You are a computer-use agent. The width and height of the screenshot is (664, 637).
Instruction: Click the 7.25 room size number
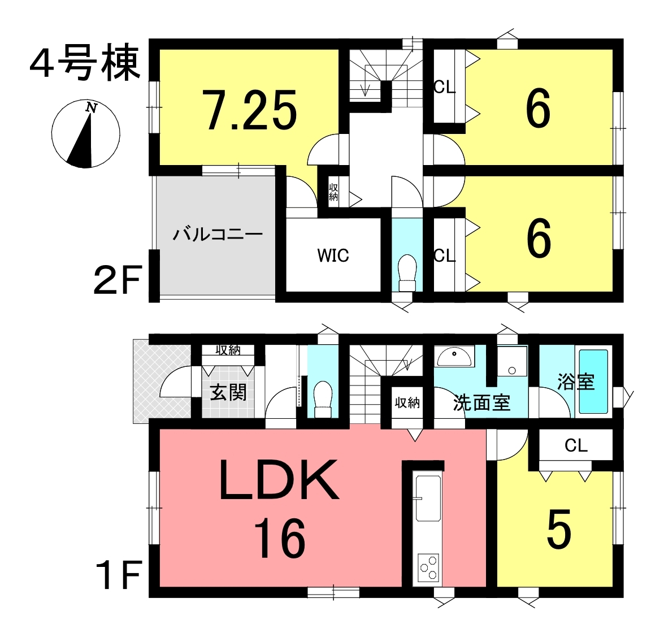pyautogui.click(x=251, y=110)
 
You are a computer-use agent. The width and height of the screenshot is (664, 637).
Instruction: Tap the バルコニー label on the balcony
pyautogui.click(x=218, y=234)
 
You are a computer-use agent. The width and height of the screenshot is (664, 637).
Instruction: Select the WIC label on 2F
pyautogui.click(x=333, y=255)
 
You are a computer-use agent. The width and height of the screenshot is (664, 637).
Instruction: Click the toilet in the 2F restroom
pyautogui.click(x=407, y=273)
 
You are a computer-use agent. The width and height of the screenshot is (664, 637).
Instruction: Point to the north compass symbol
pyautogui.click(x=85, y=134)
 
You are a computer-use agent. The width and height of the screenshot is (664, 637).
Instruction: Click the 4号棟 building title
pyautogui.click(x=85, y=63)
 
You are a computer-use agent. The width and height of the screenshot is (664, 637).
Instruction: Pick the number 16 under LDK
pyautogui.click(x=280, y=538)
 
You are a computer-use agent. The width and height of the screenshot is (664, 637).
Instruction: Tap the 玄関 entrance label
pyautogui.click(x=228, y=393)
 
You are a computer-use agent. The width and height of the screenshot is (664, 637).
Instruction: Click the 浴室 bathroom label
pyautogui.click(x=575, y=382)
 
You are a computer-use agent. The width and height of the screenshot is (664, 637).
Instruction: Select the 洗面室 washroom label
pyautogui.click(x=481, y=403)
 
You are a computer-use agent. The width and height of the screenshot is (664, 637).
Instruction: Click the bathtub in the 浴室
pyautogui.click(x=593, y=381)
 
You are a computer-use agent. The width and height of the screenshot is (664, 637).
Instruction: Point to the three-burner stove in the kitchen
pyautogui.click(x=428, y=567)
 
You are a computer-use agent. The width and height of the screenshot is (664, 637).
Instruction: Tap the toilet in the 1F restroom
pyautogui.click(x=323, y=400)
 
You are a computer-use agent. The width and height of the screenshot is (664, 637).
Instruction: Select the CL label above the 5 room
pyautogui.click(x=576, y=445)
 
